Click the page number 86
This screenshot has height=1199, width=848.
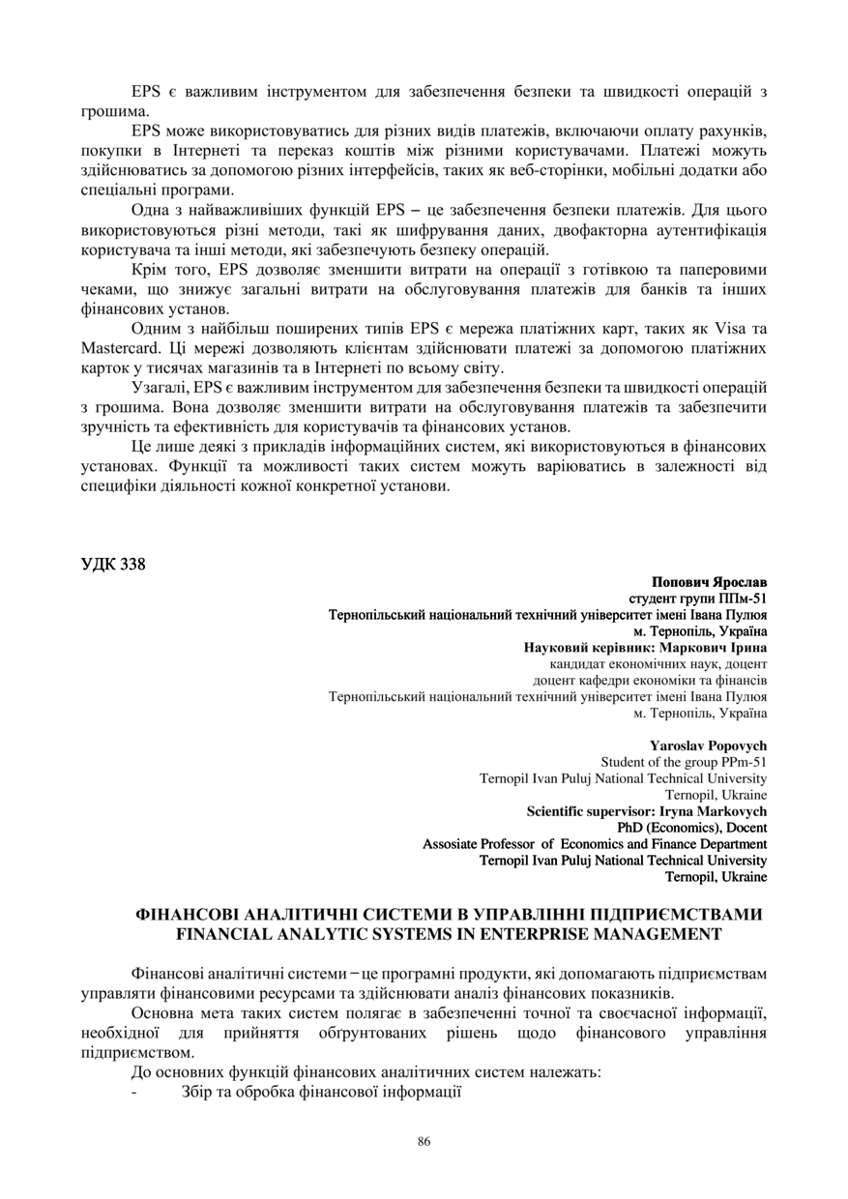424,1142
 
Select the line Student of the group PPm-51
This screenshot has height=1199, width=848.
684,762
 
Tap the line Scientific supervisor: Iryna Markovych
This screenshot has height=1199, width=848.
647,811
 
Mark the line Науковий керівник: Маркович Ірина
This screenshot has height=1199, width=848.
645,648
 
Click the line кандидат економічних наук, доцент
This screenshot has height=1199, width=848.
658,664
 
